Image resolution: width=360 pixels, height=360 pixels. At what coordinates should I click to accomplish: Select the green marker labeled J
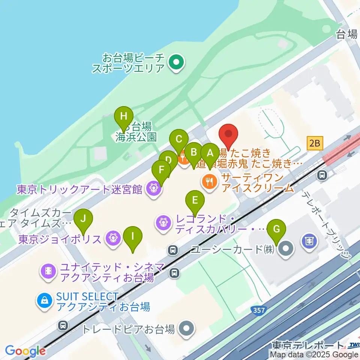coord(83,219)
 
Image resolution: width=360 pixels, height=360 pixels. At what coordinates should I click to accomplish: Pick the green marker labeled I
coord(133,237)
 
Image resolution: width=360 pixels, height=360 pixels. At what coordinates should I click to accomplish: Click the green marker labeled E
coord(195,201)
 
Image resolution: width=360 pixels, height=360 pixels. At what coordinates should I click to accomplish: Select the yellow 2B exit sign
coord(315,142)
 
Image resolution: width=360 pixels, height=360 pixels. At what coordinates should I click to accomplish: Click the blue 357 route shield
coord(256,310)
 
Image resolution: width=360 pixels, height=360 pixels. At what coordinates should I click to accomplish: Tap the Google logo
coord(25,351)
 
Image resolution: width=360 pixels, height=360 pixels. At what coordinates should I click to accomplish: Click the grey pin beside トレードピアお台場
coord(186,329)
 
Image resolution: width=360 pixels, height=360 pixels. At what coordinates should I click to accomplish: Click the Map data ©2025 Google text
coord(314,355)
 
